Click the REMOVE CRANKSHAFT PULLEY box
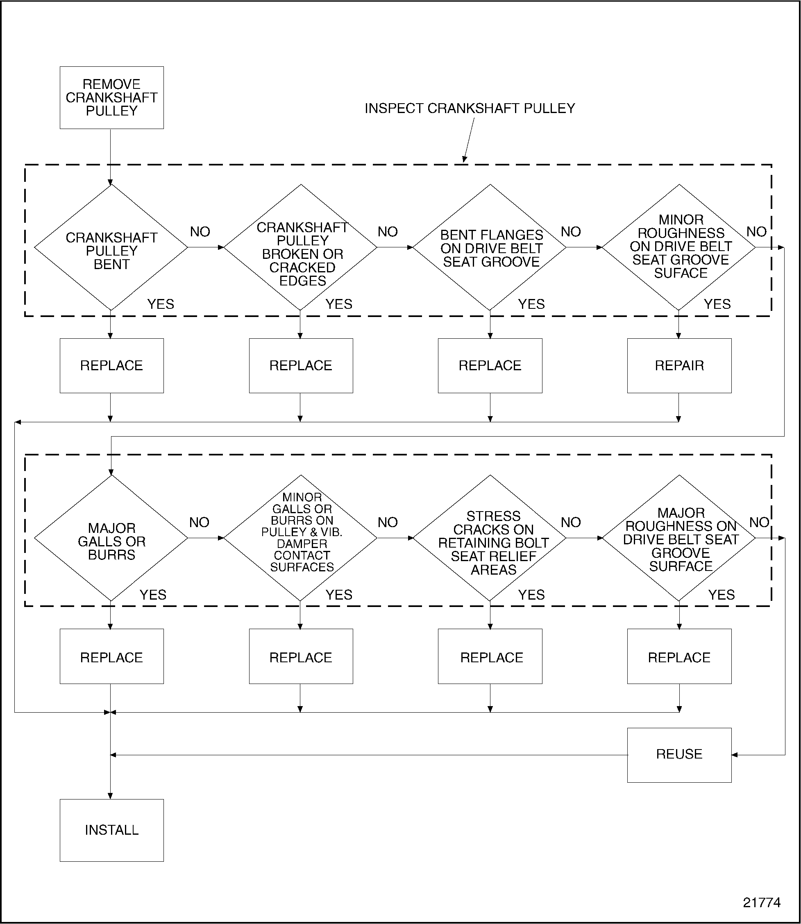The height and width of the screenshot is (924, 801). click(112, 97)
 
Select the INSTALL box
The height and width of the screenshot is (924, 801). click(112, 830)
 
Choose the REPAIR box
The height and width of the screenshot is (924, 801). click(679, 365)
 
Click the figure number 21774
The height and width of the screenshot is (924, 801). click(762, 903)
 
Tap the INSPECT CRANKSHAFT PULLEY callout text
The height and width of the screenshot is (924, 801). click(470, 108)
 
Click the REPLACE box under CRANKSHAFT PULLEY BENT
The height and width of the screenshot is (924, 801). click(112, 365)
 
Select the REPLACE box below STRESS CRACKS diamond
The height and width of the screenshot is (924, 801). click(490, 657)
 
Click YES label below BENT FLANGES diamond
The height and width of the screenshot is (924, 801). click(531, 304)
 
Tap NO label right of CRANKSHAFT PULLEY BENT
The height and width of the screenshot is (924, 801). click(200, 232)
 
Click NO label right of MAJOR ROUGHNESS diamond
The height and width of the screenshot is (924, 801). click(759, 522)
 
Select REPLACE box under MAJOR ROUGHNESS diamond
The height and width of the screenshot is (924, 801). click(679, 657)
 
